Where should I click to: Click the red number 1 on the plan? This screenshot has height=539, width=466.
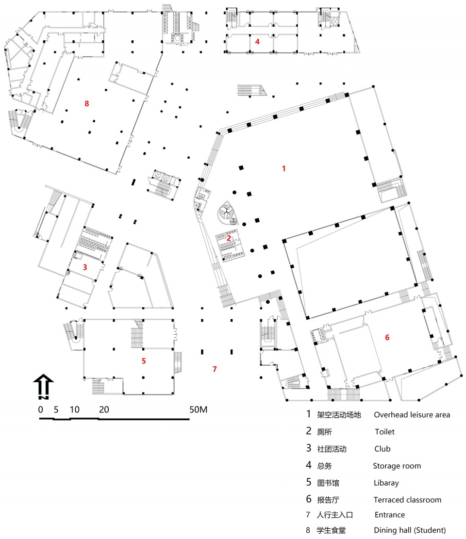(284, 168)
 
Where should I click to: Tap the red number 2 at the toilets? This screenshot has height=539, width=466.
(229, 238)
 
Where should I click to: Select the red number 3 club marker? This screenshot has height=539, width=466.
(85, 267)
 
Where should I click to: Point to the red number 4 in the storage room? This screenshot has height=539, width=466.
(257, 42)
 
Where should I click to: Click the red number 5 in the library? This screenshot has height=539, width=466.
(144, 361)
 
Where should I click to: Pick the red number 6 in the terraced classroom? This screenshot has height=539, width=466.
(387, 337)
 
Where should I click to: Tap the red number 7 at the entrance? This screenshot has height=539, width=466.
(215, 369)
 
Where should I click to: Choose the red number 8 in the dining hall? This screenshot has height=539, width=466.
(87, 103)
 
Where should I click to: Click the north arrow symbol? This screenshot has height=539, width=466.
(43, 386)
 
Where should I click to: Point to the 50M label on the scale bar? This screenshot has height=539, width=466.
(199, 409)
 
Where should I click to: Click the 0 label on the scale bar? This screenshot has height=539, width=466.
(41, 409)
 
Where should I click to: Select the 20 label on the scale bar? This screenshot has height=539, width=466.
(104, 409)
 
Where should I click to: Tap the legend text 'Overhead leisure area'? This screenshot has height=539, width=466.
(412, 415)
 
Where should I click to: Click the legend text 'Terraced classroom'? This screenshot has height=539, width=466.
(408, 500)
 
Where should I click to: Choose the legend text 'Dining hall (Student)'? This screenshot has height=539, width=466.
(410, 530)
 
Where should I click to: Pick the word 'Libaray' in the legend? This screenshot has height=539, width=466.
(386, 483)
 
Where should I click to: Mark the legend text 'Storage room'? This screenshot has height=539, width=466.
(397, 466)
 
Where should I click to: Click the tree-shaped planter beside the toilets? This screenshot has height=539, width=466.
(227, 213)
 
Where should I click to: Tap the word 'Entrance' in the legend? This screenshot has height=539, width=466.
(390, 515)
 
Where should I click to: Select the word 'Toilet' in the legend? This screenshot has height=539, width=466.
(384, 432)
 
